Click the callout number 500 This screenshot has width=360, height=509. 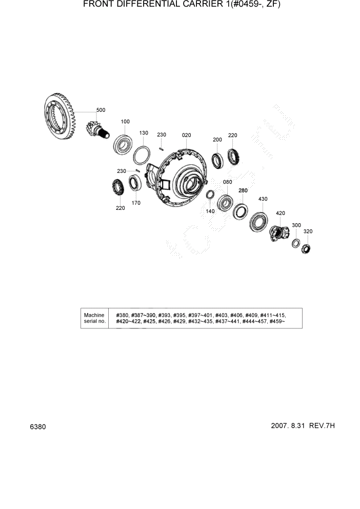click(x=101, y=110)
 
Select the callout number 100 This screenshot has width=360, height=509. click(x=125, y=122)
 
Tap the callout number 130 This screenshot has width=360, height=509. click(x=144, y=133)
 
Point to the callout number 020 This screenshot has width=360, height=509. click(x=186, y=135)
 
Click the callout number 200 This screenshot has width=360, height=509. click(x=217, y=140)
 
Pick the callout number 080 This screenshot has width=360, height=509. click(x=228, y=182)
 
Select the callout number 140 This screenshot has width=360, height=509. click(x=210, y=211)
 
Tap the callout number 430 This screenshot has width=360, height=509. click(x=263, y=199)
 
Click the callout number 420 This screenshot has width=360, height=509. click(x=281, y=213)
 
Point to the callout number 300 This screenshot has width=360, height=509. click(x=296, y=225)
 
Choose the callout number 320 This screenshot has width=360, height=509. click(x=308, y=231)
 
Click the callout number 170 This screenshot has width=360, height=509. click(x=136, y=203)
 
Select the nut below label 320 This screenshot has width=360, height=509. click(x=307, y=249)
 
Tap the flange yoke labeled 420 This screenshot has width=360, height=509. click(x=278, y=233)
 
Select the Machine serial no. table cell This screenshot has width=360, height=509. click(x=94, y=318)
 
